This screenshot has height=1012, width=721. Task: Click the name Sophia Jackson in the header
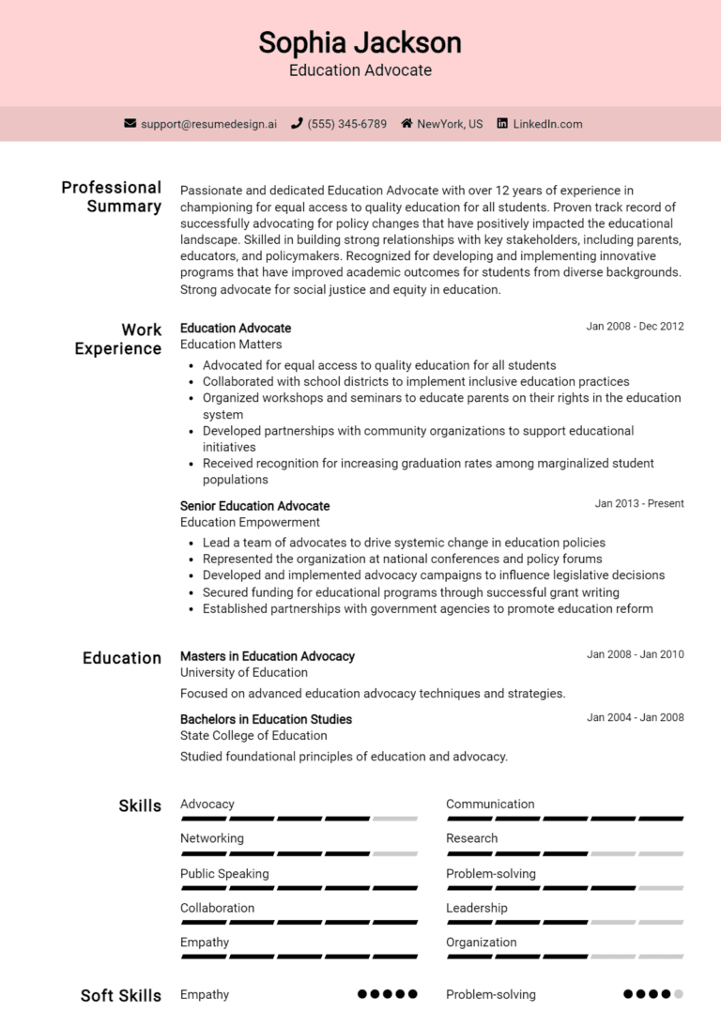click(360, 42)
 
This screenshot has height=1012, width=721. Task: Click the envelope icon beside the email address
click(130, 124)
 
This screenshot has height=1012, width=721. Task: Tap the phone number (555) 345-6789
click(346, 124)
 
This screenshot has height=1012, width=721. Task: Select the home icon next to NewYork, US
click(407, 124)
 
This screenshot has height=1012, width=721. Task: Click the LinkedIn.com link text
click(547, 124)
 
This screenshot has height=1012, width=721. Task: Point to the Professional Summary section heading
click(112, 196)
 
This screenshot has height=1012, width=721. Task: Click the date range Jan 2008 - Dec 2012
click(635, 327)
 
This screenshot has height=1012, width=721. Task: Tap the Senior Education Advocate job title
click(254, 506)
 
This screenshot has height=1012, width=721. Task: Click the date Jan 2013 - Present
click(638, 504)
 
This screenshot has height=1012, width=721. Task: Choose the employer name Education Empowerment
click(250, 522)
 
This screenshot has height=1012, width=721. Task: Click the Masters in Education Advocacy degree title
click(267, 656)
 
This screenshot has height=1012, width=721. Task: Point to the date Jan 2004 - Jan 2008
click(635, 718)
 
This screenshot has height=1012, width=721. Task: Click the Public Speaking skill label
click(224, 874)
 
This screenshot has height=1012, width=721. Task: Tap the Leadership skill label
click(476, 909)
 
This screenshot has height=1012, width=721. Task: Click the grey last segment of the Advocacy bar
click(395, 820)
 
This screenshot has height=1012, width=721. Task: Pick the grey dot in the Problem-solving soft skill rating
click(678, 994)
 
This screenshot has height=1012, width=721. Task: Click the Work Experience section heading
click(118, 339)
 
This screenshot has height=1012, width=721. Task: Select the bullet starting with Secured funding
click(411, 592)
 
